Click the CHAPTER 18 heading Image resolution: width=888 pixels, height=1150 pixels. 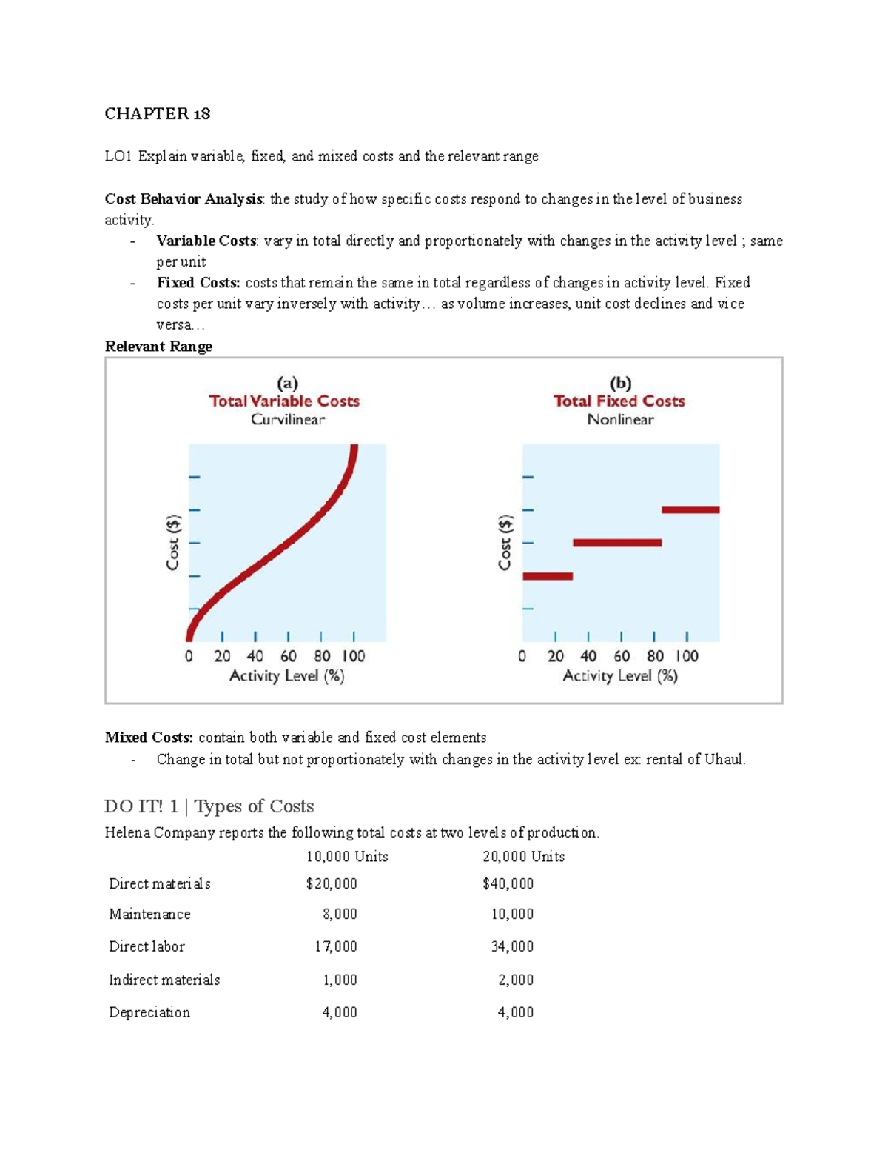pos(158,114)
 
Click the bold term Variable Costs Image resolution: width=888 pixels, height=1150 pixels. pos(206,241)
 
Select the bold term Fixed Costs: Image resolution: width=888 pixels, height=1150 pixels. pos(198,282)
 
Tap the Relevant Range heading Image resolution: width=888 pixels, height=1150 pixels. pos(158,347)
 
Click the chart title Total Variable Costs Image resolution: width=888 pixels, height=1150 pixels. pos(284,401)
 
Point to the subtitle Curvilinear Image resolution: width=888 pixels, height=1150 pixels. pos(287,420)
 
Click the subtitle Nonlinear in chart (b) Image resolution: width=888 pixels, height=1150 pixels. pos(620,420)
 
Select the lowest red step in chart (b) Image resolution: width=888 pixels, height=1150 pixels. pos(548,575)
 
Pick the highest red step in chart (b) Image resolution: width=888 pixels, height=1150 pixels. pos(690,509)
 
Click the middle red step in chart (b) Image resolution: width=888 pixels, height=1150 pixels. pos(617,543)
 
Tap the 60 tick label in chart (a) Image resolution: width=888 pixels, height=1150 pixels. pos(288,656)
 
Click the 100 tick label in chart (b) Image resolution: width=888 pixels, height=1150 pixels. pos(686,656)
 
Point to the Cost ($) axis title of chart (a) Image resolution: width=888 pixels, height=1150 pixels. pos(172,543)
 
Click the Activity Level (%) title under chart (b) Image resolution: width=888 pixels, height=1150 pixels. pos(620,675)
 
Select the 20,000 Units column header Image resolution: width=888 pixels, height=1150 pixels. pos(523,857)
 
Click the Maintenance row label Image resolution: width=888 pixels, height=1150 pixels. pos(149,915)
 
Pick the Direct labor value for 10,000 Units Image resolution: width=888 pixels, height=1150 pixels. pos(336,946)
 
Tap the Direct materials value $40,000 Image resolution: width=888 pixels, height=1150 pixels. pos(508,883)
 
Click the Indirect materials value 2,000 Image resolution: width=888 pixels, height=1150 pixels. pos(516,980)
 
